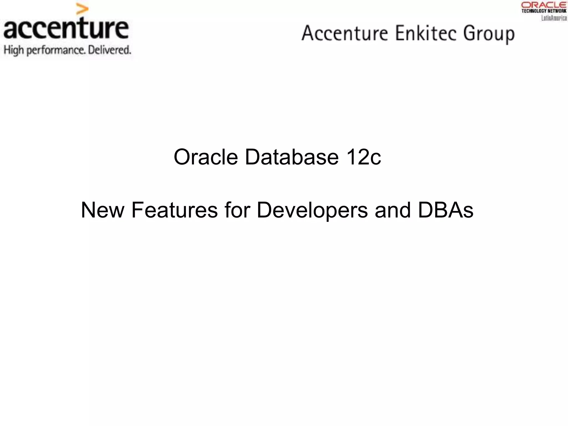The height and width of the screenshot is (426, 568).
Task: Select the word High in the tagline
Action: click(14, 50)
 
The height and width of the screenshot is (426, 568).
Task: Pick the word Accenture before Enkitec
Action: click(345, 33)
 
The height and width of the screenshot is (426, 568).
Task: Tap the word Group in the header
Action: click(489, 34)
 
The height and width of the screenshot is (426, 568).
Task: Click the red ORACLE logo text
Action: click(544, 5)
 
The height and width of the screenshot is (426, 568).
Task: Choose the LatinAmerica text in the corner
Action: click(554, 18)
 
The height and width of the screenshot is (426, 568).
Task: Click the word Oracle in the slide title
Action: click(206, 157)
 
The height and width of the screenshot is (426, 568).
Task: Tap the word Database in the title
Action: click(291, 157)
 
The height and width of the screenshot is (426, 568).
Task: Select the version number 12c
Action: click(363, 157)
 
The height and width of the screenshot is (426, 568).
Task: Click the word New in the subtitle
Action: click(103, 210)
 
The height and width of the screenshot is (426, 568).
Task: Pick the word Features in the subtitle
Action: click(174, 210)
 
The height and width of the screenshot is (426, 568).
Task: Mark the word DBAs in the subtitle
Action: click(445, 210)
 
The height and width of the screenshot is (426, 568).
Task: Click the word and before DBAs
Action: click(392, 210)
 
